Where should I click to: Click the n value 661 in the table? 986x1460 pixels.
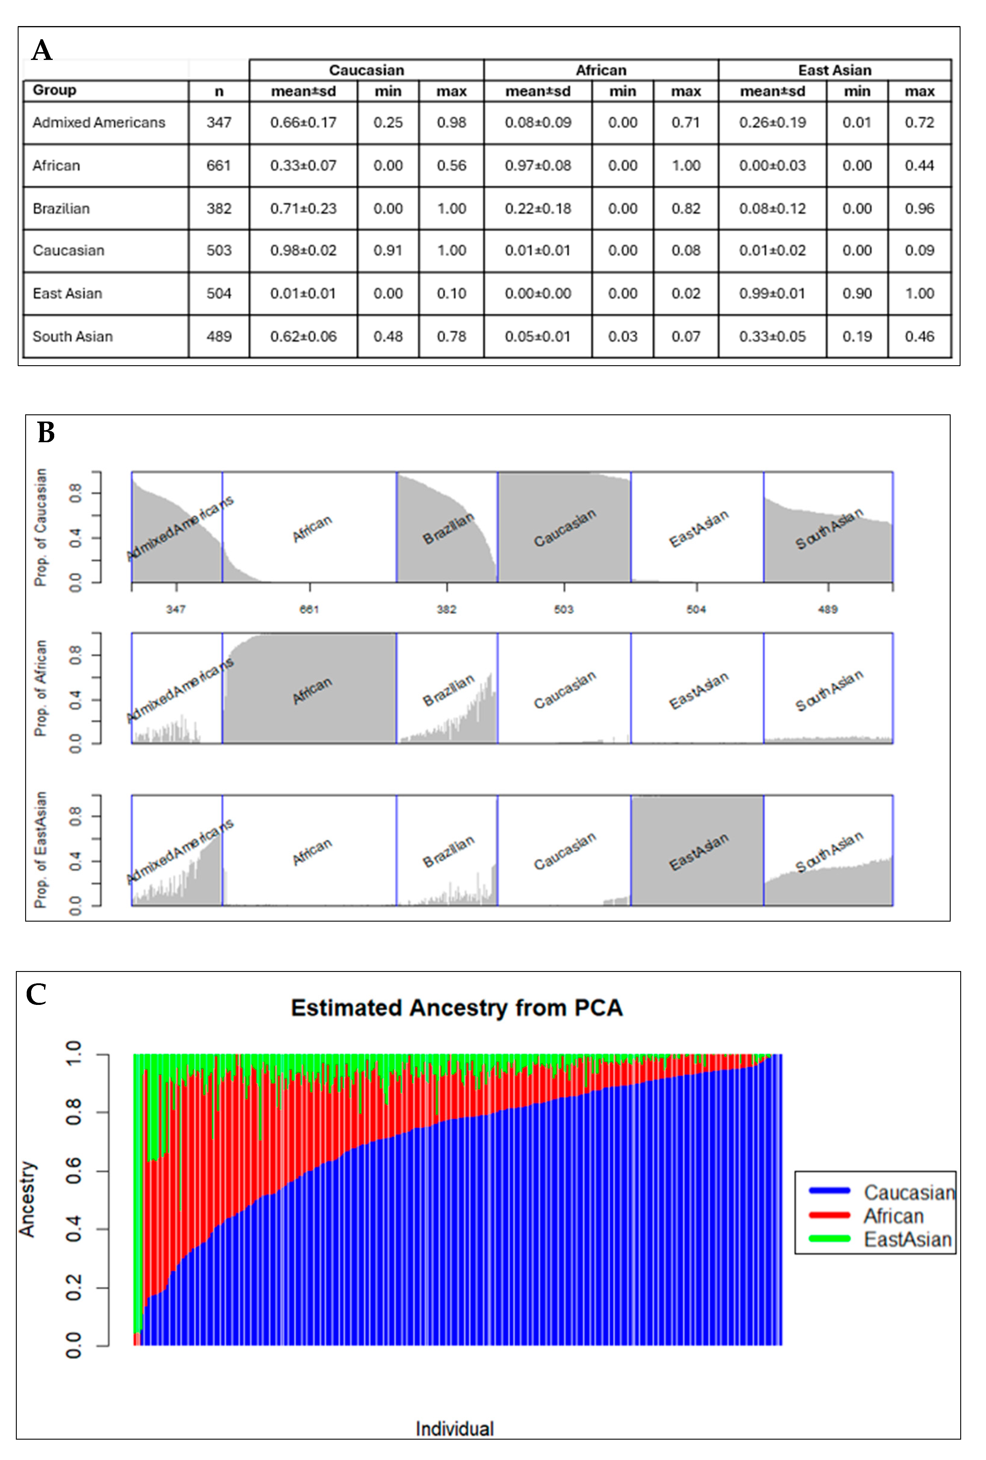218,166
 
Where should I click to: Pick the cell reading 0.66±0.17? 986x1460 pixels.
303,123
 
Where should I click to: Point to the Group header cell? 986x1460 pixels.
55,90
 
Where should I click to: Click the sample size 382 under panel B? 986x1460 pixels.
446,609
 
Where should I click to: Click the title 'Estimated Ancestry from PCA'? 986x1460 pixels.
457,1008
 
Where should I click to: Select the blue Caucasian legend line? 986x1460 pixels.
829,1190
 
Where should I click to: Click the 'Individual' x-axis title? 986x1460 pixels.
455,1429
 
